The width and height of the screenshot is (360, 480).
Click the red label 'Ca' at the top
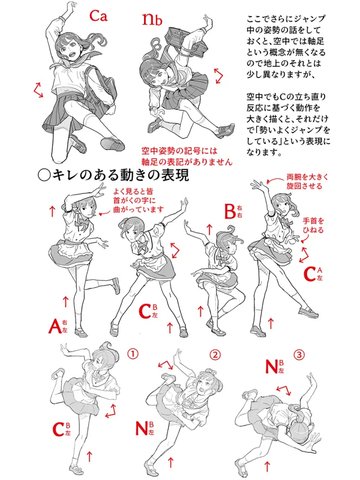[x=99, y=16]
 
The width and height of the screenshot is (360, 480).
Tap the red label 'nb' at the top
[x=152, y=19]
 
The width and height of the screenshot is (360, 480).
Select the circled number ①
[x=133, y=354]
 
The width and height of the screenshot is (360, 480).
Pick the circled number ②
[x=215, y=355]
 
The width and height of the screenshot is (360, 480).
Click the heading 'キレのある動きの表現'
[x=113, y=176]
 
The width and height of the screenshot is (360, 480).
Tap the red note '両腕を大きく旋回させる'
[x=307, y=181]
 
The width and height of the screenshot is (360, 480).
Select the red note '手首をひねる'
[x=313, y=225]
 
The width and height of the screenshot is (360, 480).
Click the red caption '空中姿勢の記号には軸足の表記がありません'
[x=187, y=156]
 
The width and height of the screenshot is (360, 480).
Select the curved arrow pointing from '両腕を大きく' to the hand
[x=275, y=179]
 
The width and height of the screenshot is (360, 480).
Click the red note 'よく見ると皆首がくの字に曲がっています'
[x=139, y=201]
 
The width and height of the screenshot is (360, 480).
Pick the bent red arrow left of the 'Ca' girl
[x=39, y=91]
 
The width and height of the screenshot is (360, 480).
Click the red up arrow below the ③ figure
[x=267, y=466]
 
